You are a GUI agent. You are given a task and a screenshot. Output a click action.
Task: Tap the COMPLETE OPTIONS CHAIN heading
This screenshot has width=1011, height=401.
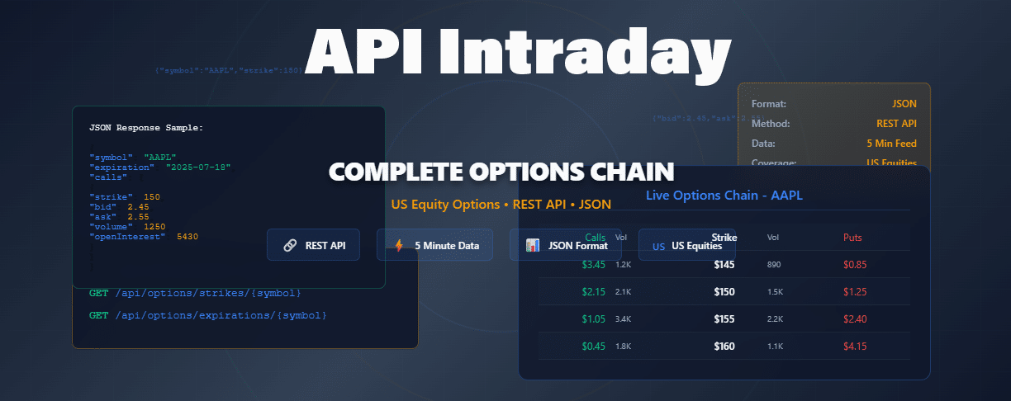(x=501, y=172)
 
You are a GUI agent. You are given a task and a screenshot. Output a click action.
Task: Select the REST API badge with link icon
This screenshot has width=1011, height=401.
(x=313, y=245)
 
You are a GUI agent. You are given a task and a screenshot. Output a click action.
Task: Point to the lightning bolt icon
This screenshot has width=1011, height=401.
(x=400, y=245)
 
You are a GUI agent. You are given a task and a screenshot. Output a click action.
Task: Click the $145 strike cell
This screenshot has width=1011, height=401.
(x=724, y=265)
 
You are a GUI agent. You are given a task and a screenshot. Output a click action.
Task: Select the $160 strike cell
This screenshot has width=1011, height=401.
(x=724, y=347)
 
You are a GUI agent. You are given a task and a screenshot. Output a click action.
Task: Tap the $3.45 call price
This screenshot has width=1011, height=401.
(x=594, y=265)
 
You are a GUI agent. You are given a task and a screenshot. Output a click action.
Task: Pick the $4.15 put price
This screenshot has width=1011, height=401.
(x=855, y=347)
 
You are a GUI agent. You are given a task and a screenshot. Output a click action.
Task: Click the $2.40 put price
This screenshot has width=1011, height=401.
(x=855, y=319)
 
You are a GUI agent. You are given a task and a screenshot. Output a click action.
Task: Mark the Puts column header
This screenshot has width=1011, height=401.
(x=852, y=238)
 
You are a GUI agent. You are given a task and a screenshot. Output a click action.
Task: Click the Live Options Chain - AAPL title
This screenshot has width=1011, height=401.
(x=724, y=196)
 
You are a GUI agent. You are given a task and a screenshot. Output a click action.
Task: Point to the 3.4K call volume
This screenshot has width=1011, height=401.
(x=623, y=319)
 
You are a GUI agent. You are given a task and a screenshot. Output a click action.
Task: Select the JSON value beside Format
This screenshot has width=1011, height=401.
(x=904, y=104)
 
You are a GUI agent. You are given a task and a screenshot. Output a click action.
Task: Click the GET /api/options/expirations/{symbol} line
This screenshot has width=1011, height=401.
(x=208, y=315)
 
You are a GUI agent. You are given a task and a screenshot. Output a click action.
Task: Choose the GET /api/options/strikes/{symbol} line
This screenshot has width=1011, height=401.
(x=195, y=293)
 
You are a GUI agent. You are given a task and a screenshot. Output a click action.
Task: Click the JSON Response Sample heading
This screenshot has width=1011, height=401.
(x=145, y=128)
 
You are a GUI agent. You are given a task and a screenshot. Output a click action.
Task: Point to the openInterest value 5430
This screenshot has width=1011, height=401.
(x=187, y=237)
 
